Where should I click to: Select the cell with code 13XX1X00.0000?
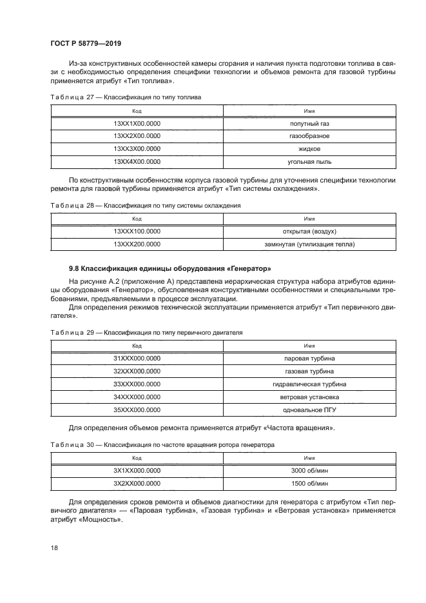(x=137, y=123)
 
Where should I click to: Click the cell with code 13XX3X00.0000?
(x=137, y=148)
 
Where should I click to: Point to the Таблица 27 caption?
(x=126, y=97)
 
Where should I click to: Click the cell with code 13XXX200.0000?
(x=137, y=244)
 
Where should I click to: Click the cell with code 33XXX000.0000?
(x=137, y=384)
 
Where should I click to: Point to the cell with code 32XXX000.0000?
(x=137, y=371)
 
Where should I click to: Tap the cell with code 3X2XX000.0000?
(x=137, y=482)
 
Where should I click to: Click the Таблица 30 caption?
(x=162, y=444)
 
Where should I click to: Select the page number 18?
(x=54, y=547)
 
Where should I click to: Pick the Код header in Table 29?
(x=137, y=345)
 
